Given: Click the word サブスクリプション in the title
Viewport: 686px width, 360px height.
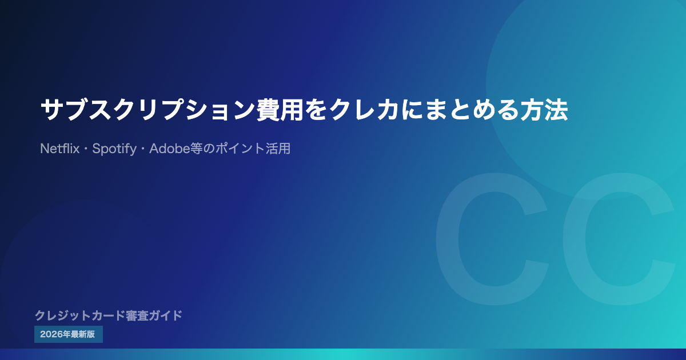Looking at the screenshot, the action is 148,110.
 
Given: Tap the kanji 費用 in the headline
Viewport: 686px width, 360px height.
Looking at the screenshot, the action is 280,110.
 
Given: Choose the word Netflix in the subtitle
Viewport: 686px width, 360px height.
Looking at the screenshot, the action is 59,149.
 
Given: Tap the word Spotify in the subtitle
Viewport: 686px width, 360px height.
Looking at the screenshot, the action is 114,149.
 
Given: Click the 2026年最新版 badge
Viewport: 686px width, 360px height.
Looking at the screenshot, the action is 68,334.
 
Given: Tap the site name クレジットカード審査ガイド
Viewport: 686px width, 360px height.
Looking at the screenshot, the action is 109,315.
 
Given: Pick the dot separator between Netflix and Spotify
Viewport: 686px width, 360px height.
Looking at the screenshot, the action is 86,149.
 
